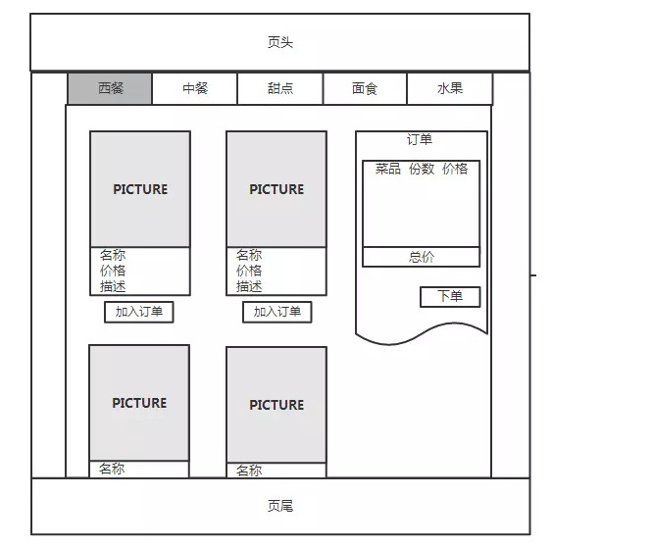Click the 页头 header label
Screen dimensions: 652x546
click(280, 42)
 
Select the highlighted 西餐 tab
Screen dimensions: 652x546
click(110, 88)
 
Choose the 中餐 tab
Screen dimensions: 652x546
click(194, 88)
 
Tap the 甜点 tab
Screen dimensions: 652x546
click(280, 88)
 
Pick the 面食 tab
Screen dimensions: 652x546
click(365, 88)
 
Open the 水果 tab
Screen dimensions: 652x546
click(449, 88)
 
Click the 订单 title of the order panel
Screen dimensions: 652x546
click(420, 139)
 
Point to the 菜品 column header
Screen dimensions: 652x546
click(387, 169)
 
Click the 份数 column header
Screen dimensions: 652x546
click(422, 169)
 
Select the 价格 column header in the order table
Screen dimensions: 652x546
click(455, 169)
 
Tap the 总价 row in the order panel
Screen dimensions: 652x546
click(422, 257)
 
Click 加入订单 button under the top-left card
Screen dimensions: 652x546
click(139, 312)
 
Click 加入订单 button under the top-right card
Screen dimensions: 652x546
click(276, 312)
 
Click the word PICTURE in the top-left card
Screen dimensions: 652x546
click(140, 189)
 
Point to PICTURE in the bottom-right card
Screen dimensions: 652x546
click(276, 405)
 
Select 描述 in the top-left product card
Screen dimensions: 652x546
click(113, 286)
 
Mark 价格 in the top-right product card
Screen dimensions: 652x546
click(249, 271)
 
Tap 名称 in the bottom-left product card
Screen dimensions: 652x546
click(112, 469)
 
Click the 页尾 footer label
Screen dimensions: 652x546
click(280, 506)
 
